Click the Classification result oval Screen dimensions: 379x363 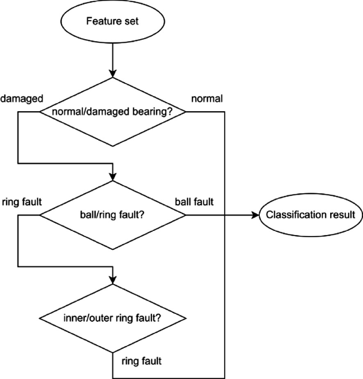tap(311, 215)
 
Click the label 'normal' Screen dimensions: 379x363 tap(207, 98)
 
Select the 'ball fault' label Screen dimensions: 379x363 tap(194, 202)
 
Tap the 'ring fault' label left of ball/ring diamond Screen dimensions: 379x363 tap(22, 202)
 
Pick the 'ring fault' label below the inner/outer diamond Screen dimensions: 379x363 tap(141, 362)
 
